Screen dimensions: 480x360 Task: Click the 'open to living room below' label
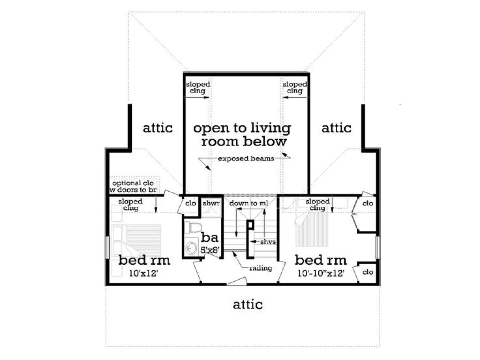pos(242,135)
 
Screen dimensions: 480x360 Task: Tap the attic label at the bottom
pos(248,304)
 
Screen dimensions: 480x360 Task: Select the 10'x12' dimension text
pos(143,273)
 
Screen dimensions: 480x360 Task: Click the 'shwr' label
pos(211,203)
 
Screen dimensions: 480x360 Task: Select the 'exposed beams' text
pos(246,158)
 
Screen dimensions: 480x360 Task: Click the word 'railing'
pos(261,268)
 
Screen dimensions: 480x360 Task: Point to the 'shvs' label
pos(268,242)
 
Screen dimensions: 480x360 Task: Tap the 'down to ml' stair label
pos(249,203)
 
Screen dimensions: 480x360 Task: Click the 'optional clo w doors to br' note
pos(133,186)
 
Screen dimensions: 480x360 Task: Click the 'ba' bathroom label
pos(209,237)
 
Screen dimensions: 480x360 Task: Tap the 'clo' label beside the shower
pos(190,203)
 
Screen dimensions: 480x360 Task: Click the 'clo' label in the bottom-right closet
pos(367,272)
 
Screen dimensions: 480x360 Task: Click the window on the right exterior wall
pos(378,247)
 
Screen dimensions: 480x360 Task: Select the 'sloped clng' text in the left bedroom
pos(130,205)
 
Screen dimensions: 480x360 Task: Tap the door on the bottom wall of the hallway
pos(237,281)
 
